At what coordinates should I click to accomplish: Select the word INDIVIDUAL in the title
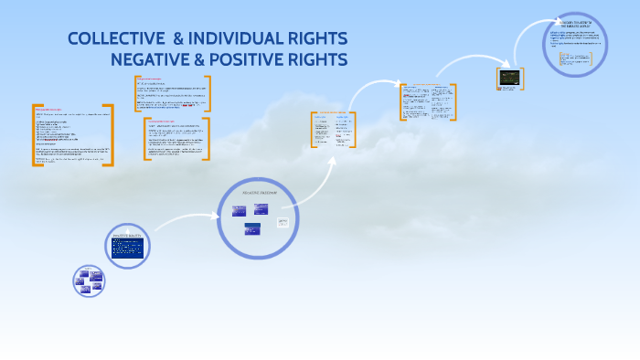245,40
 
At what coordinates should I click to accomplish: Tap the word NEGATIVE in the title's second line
154,60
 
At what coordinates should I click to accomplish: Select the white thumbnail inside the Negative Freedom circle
283,222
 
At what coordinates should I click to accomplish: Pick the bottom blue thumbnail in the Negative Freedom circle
251,229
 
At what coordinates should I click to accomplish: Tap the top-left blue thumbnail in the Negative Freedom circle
239,210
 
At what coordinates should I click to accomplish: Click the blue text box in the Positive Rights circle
127,248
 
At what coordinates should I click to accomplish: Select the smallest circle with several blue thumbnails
89,281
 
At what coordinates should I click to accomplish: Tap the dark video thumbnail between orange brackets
508,79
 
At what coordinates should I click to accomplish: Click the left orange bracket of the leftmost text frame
34,134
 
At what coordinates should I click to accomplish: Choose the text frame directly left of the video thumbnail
427,101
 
